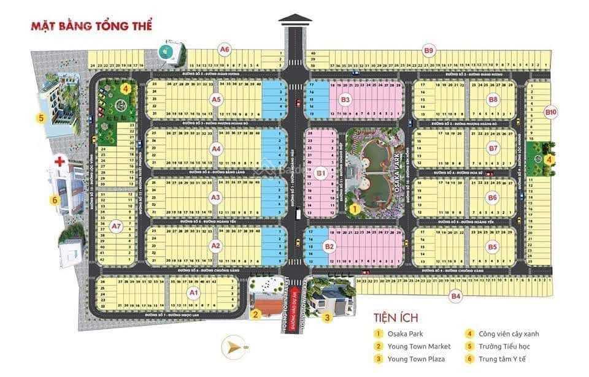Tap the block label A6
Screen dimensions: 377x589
pyautogui.click(x=225, y=49)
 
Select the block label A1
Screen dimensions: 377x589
pyautogui.click(x=194, y=293)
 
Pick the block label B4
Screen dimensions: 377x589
pyautogui.click(x=455, y=297)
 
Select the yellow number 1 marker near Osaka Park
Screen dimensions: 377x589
pyautogui.click(x=353, y=209)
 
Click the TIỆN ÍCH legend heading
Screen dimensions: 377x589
pyautogui.click(x=395, y=318)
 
